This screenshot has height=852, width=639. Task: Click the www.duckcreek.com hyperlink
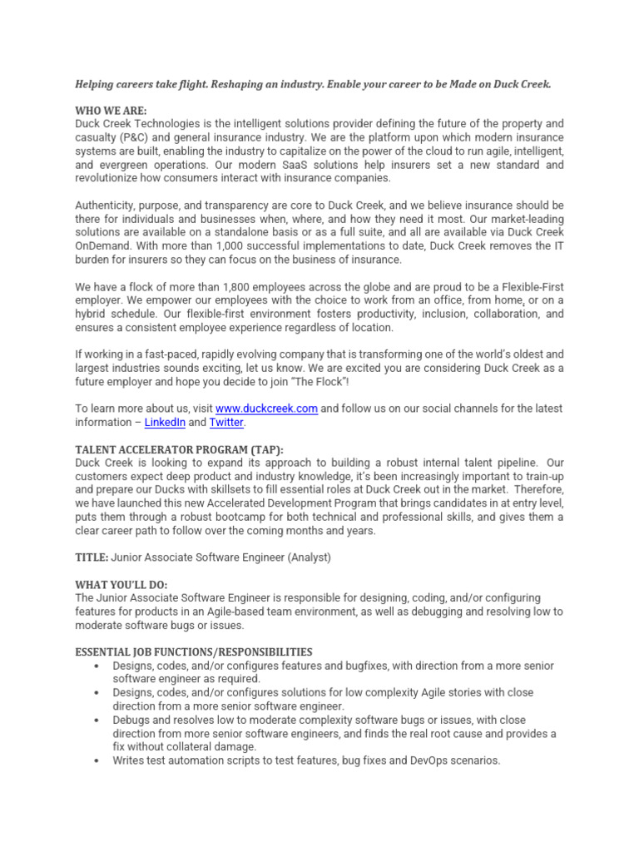[266, 409]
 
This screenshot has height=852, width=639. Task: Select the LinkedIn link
[165, 423]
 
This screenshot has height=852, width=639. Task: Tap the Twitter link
[226, 423]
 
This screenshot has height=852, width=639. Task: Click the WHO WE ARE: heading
[111, 111]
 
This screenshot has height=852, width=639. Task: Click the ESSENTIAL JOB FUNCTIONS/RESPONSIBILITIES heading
[193, 651]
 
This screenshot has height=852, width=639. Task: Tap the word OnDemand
[102, 246]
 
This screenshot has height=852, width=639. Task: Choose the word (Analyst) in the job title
[303, 557]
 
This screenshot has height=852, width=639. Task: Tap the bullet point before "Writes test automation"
[98, 760]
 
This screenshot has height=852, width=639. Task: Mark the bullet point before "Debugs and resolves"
[98, 720]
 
